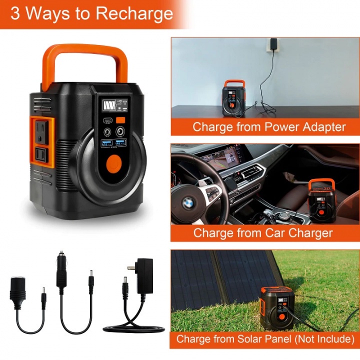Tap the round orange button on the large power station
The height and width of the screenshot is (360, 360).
point(114,163)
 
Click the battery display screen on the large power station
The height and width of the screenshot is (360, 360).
point(108,107)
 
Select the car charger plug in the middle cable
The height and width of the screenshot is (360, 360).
point(61,275)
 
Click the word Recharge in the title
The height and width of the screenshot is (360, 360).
point(134,13)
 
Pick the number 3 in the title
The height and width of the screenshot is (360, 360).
point(15,13)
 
